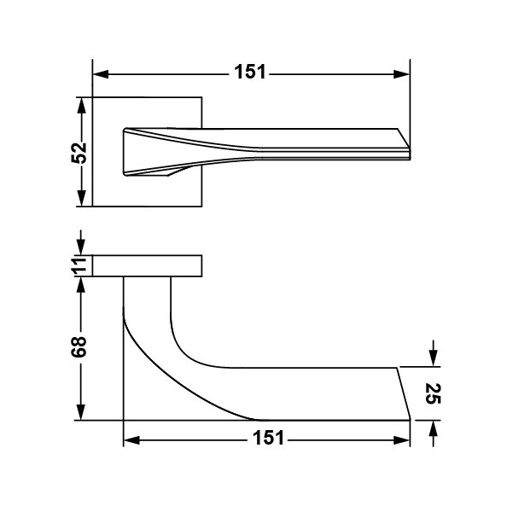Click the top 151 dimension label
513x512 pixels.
pos(250,72)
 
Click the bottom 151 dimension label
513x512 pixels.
pos(268,438)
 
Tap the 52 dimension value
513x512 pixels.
pos(79,153)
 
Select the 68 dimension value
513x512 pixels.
pos(79,346)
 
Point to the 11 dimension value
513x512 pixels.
pos(79,265)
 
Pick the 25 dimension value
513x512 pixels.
pos(434,393)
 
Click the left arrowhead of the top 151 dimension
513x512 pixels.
pos(101,74)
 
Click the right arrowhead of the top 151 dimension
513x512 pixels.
pos(401,74)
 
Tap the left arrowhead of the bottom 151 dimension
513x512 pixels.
pos(131,440)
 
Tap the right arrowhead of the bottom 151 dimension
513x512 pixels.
pos(401,440)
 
